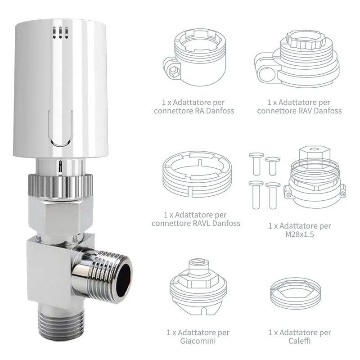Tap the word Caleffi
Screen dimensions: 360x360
coord(300,341)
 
